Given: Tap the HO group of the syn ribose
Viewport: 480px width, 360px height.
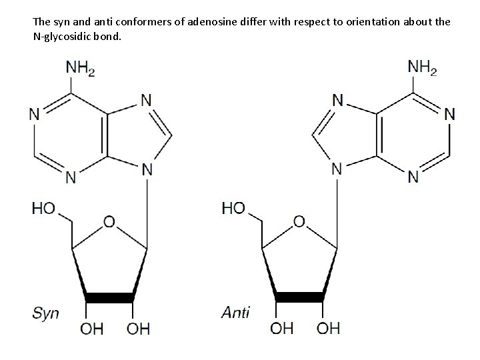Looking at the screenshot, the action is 44,209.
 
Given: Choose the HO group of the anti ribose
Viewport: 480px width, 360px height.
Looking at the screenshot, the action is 234,209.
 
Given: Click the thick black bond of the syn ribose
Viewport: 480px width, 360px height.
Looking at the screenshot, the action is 109,297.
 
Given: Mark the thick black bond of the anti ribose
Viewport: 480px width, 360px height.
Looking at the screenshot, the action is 299,297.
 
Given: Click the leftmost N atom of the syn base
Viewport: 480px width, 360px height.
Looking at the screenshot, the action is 35,113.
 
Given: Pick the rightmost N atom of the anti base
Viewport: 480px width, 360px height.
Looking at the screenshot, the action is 449,113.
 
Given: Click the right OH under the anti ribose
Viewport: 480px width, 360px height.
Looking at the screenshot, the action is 328,328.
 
